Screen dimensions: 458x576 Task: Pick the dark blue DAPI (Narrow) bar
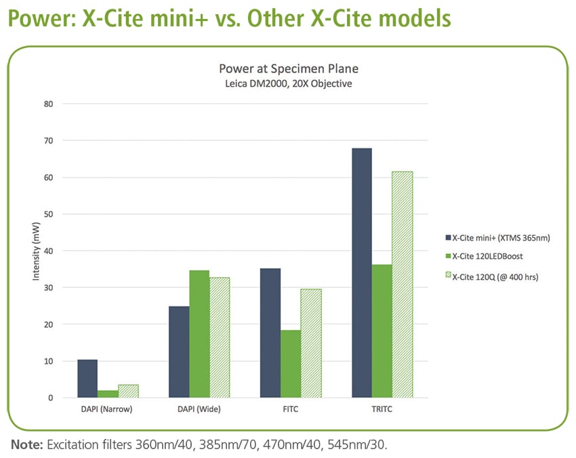[x=87, y=379]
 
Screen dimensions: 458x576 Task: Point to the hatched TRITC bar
[x=403, y=285]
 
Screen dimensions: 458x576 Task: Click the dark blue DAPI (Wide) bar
[x=179, y=352]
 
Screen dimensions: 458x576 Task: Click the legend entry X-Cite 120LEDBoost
[x=487, y=257]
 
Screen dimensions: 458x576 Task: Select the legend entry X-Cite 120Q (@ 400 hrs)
[x=495, y=276]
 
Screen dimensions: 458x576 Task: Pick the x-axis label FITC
[x=291, y=409]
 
